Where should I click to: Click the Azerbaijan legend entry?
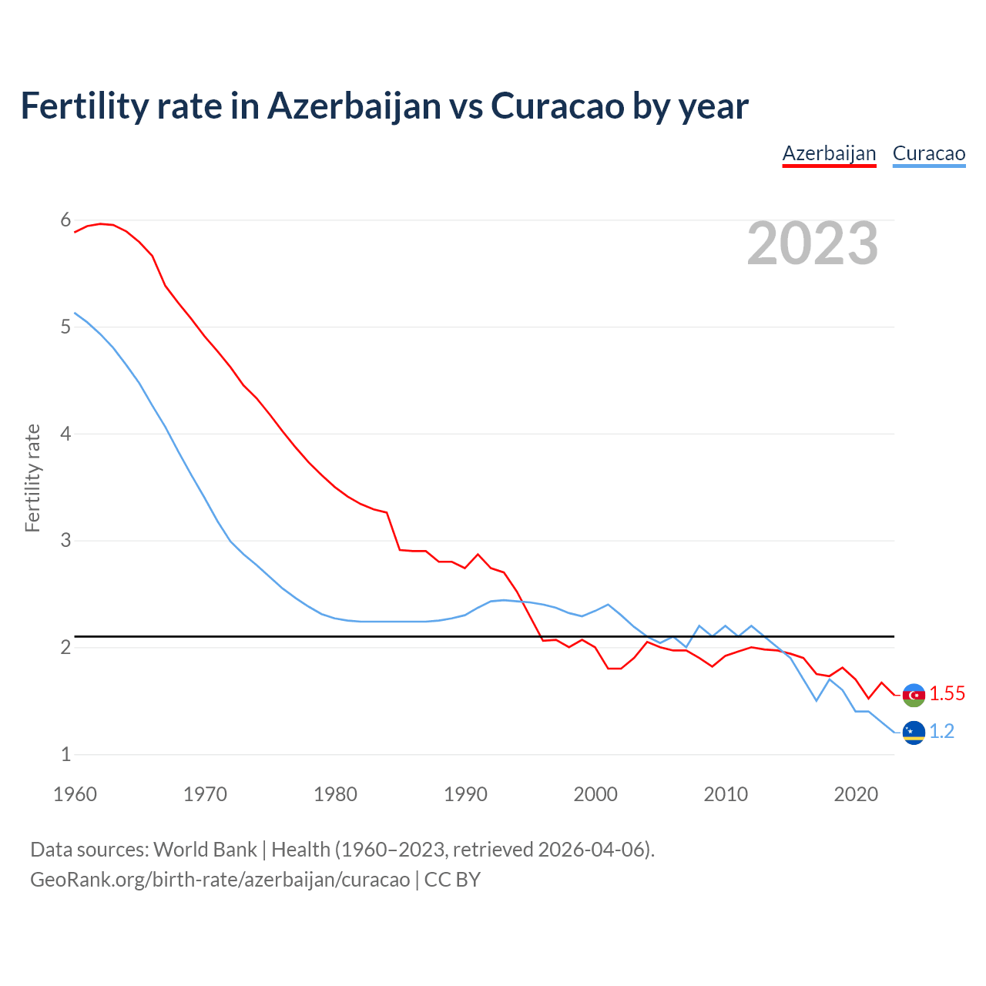pyautogui.click(x=829, y=153)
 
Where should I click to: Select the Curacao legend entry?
pyautogui.click(x=928, y=153)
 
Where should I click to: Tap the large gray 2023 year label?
pyautogui.click(x=813, y=243)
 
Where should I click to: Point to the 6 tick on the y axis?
pyautogui.click(x=65, y=220)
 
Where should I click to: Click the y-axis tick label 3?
pyautogui.click(x=65, y=540)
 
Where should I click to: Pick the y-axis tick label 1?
pyautogui.click(x=65, y=754)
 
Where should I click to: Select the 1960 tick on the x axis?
pyautogui.click(x=75, y=794)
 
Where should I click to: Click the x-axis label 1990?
pyautogui.click(x=465, y=794)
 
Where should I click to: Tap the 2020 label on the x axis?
pyautogui.click(x=856, y=794)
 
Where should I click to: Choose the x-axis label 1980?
pyautogui.click(x=335, y=794)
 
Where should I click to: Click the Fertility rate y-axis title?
pyautogui.click(x=32, y=478)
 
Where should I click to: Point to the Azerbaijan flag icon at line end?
pyautogui.click(x=914, y=695)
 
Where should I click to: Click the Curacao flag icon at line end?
pyautogui.click(x=914, y=733)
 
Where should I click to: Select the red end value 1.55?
pyautogui.click(x=947, y=694)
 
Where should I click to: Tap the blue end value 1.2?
pyautogui.click(x=941, y=732)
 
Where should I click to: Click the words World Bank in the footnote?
pyautogui.click(x=205, y=850)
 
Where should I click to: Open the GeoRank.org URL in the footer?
pyautogui.click(x=220, y=880)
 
